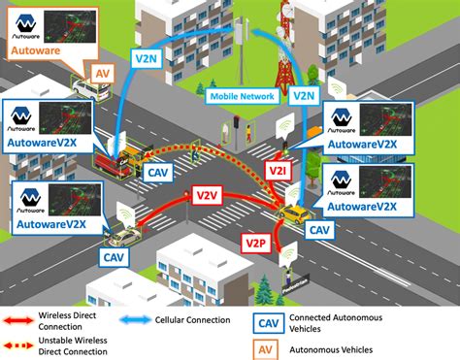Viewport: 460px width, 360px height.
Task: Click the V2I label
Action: coord(250,170)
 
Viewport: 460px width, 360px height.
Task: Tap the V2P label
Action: coord(255,241)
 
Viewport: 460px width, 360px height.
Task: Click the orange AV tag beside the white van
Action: coord(104,74)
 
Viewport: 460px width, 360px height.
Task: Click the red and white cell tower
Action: coord(284,49)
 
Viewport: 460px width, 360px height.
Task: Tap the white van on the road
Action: coord(89,90)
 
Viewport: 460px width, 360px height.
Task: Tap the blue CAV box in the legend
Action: coord(267,322)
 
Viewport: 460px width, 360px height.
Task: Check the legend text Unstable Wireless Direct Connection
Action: coord(78,344)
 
